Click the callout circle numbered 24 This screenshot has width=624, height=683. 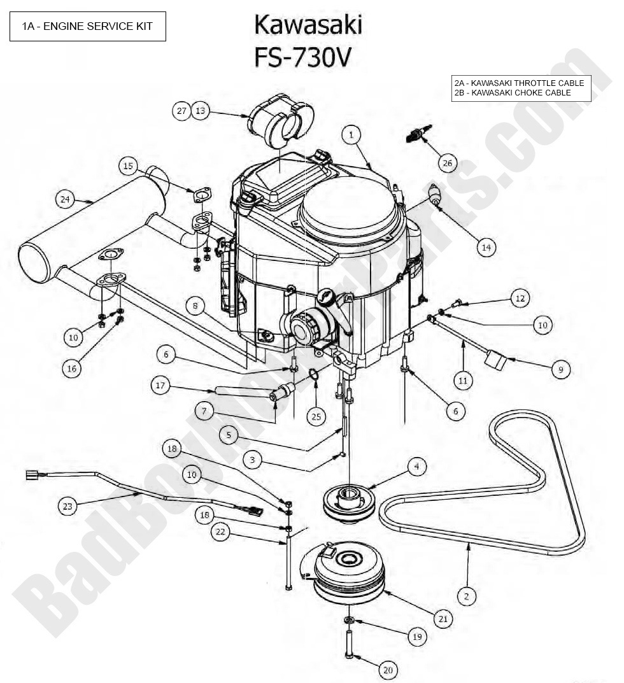64,199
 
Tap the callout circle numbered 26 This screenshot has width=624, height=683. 448,163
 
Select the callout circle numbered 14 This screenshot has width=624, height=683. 486,248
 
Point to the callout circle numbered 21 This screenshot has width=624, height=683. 443,618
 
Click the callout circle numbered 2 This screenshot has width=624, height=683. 467,596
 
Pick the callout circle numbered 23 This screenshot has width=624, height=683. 68,507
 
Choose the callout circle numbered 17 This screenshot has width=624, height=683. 160,385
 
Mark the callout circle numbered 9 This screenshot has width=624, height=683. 561,369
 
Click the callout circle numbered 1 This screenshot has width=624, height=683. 351,134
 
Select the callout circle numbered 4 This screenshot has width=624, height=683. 416,467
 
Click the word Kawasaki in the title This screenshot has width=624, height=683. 308,25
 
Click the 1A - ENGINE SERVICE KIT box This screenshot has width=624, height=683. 88,26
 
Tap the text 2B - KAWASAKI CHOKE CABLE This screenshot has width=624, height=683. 513,93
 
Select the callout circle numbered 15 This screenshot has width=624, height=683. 128,166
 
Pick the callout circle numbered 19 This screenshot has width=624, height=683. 416,636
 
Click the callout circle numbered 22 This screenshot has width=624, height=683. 220,533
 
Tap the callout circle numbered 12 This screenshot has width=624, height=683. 520,298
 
